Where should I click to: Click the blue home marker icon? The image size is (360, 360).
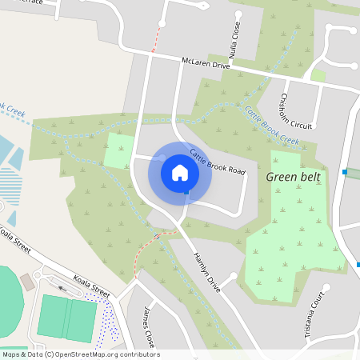click(180, 172)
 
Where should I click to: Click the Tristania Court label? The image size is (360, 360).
click(318, 313)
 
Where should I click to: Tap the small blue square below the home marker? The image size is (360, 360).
click(186, 193)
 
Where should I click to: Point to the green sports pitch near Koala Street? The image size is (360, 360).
click(67, 318)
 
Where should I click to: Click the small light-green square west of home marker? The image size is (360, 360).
click(119, 150)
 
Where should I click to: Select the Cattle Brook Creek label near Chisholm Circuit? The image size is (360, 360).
click(272, 126)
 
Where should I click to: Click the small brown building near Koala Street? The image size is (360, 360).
click(28, 282)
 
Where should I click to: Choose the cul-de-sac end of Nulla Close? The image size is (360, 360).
click(238, 13)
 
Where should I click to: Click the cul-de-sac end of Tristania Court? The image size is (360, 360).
click(326, 286)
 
